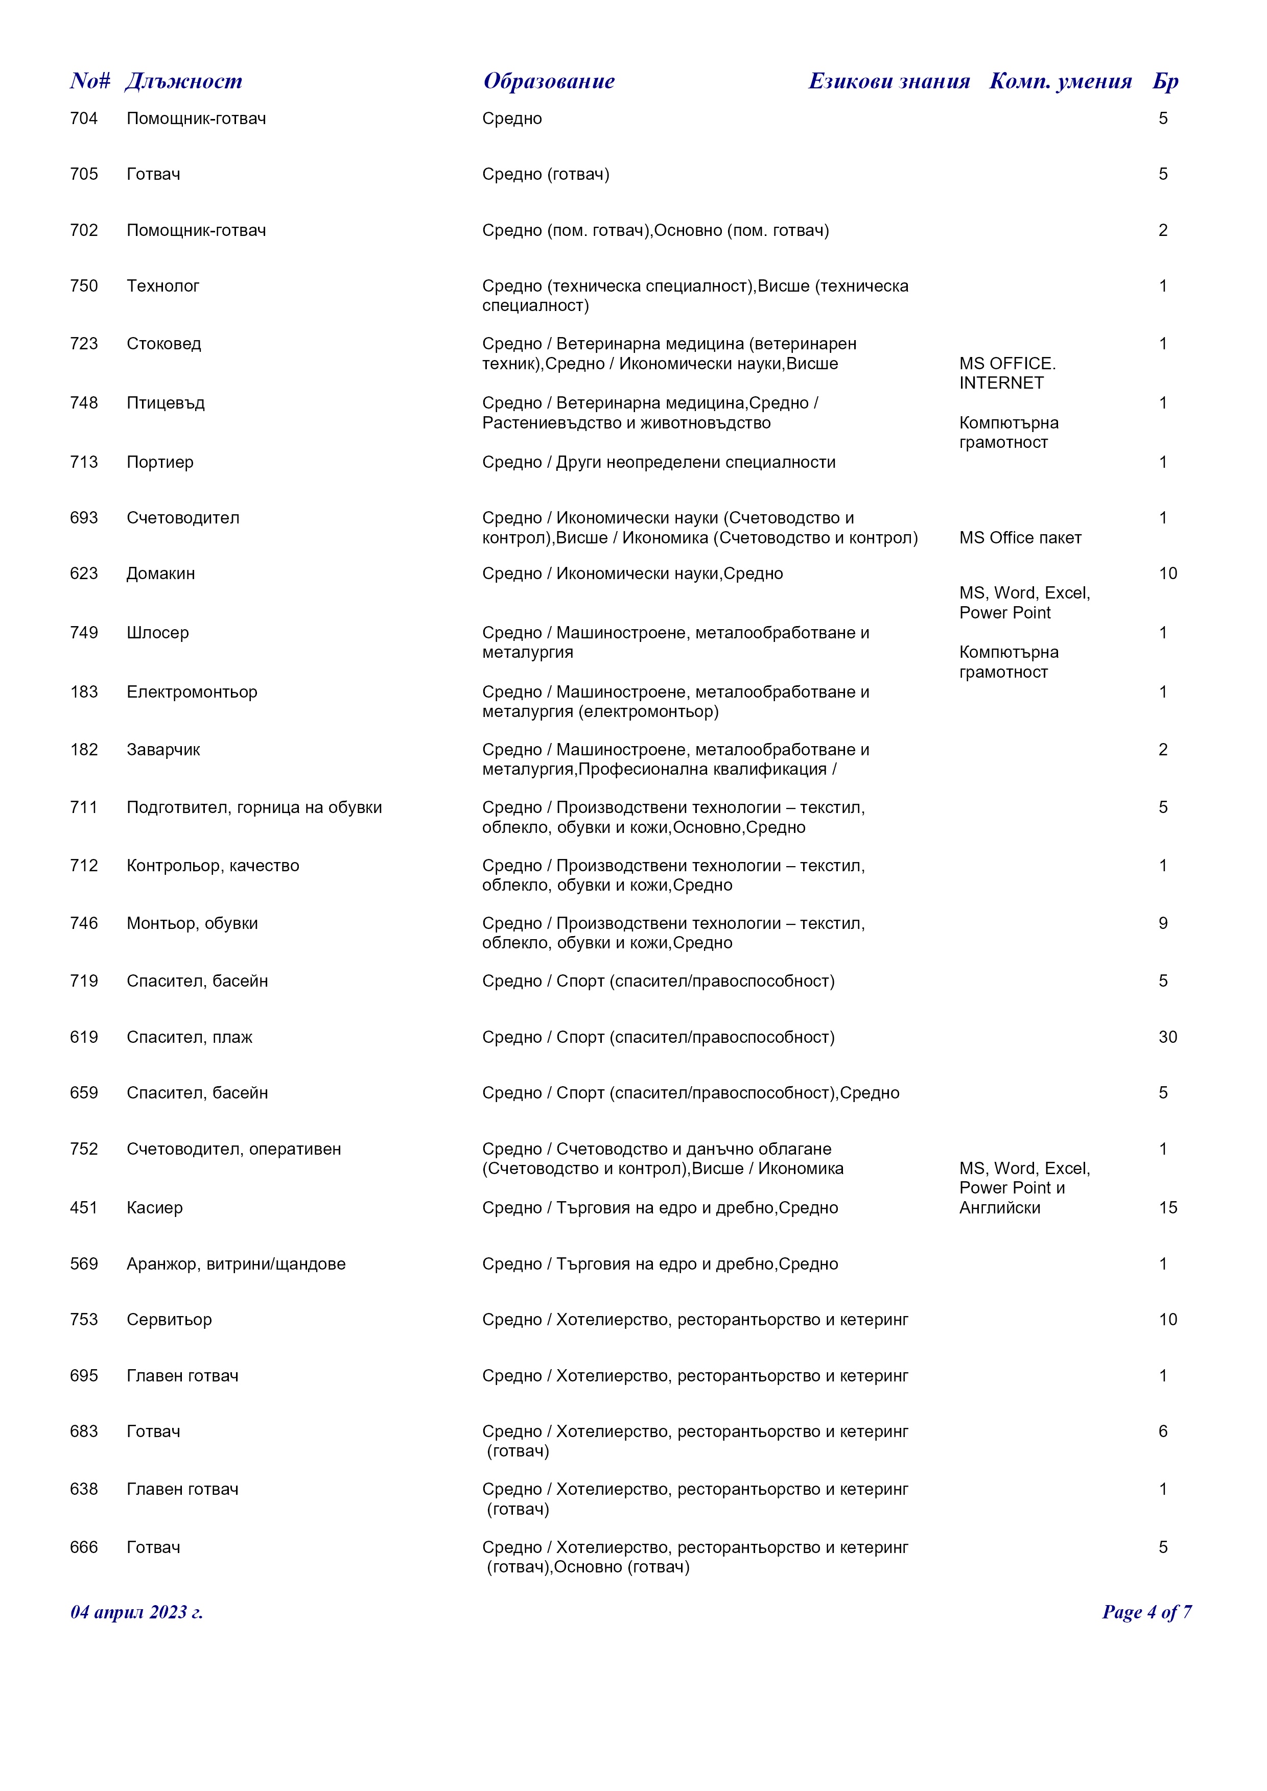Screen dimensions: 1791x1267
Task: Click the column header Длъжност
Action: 183,81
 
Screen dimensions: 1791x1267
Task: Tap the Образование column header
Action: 549,81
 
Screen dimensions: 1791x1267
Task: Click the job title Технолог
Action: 162,286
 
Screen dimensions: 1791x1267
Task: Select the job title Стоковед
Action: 164,344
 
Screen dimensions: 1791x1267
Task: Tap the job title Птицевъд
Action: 166,403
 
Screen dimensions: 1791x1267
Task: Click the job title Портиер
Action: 160,463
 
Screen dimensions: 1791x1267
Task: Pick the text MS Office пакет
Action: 1020,538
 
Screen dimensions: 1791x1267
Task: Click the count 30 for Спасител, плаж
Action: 1167,1037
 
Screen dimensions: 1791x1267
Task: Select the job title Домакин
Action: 161,574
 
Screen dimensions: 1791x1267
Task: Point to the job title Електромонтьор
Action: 192,692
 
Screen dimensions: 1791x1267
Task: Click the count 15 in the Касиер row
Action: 1167,1208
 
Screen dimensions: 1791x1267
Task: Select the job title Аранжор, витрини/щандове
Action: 236,1264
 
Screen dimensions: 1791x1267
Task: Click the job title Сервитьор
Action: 169,1320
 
